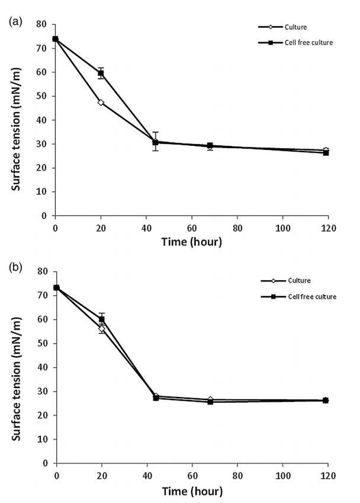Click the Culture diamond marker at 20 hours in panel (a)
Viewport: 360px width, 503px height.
tap(101, 102)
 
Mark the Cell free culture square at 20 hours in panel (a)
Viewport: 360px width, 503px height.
tap(101, 73)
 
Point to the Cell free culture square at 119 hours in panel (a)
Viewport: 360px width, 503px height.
tap(326, 153)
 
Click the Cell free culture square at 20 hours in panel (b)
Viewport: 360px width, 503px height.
tap(102, 319)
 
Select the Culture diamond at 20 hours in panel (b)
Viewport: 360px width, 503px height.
tap(102, 329)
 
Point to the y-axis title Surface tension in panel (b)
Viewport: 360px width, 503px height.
tap(17, 373)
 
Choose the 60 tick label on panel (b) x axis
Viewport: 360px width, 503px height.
tap(192, 475)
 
